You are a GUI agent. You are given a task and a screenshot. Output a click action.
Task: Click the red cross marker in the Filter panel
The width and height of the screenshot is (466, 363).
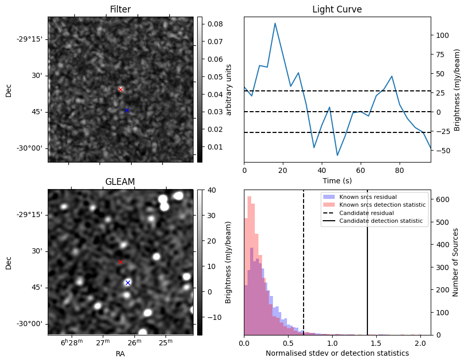tap(121, 89)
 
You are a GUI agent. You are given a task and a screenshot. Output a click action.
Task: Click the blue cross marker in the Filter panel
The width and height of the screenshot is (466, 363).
tap(127, 110)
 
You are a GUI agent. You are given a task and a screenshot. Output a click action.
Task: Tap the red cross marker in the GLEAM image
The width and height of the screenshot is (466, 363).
tap(121, 262)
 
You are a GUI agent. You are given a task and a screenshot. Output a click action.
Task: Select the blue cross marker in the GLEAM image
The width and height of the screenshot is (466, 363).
tap(128, 283)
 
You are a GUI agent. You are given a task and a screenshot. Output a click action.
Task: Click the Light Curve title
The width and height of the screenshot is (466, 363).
tap(337, 9)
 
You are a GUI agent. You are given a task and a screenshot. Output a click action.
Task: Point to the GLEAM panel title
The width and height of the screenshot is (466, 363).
tap(120, 181)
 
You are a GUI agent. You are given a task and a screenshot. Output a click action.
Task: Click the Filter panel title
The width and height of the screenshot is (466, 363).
tap(120, 9)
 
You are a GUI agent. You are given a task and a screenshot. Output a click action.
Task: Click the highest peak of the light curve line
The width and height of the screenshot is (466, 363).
tap(275, 23)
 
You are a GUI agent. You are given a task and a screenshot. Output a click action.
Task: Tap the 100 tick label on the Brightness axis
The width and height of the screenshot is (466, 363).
tap(442, 35)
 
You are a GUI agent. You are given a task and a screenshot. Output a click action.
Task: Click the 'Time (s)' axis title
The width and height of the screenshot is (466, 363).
tap(337, 180)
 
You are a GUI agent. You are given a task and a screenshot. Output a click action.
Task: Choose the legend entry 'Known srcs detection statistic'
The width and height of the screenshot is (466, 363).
tap(382, 205)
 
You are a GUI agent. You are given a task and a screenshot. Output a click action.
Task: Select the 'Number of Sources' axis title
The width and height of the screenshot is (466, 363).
tap(456, 263)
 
